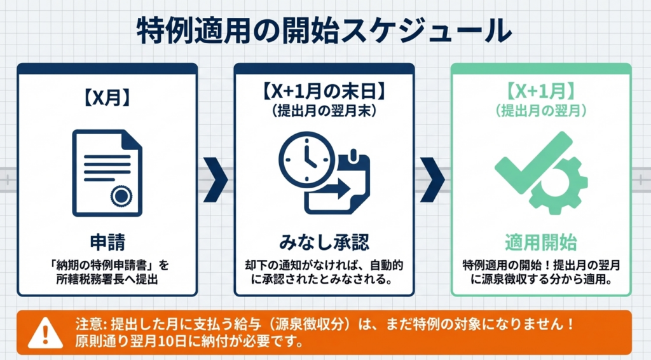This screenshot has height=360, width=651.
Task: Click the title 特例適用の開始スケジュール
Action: pyautogui.click(x=325, y=31)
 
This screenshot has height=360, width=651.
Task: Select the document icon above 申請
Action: pyautogui.click(x=107, y=174)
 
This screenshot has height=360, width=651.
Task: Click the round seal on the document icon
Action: pyautogui.click(x=120, y=196)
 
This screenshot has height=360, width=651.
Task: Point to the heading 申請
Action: pyautogui.click(x=107, y=242)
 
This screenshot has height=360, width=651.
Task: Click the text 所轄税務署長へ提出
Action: pyautogui.click(x=107, y=279)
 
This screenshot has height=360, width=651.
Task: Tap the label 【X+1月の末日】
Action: pyautogui.click(x=324, y=92)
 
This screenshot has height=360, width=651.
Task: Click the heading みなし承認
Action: pyautogui.click(x=324, y=242)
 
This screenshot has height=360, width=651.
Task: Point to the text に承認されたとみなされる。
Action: pyautogui.click(x=324, y=279)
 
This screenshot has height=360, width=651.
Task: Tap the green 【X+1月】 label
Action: pyautogui.click(x=541, y=93)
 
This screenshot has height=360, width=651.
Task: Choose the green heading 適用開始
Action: pyautogui.click(x=541, y=242)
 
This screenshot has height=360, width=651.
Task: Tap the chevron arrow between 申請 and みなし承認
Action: pyautogui.click(x=216, y=181)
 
